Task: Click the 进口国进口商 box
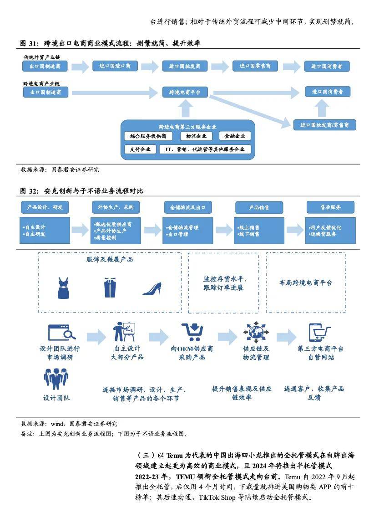(115, 66)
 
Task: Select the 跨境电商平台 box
(185, 92)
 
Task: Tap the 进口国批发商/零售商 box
(324, 125)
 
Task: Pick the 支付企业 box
(140, 149)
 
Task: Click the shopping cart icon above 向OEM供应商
(192, 332)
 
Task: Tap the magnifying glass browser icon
(62, 333)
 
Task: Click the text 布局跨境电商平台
(305, 283)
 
